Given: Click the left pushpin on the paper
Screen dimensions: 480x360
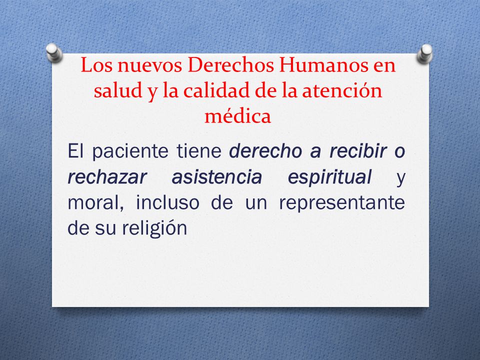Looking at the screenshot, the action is (54, 52).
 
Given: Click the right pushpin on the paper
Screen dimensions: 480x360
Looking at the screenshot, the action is (425, 53).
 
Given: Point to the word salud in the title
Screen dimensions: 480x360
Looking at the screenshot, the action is (118, 90).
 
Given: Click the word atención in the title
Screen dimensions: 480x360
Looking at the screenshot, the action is (342, 90).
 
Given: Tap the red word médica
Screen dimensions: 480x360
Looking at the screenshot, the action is (238, 116).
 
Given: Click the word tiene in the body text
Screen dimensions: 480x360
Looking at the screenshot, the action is (199, 150).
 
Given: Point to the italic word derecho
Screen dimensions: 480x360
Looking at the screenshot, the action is (265, 150).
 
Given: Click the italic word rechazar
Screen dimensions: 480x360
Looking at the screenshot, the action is (107, 177).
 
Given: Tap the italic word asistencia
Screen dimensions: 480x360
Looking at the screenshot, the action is (216, 177).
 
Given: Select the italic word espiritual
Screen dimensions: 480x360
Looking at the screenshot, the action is (329, 177).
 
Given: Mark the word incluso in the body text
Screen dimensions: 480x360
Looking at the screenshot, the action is (167, 202).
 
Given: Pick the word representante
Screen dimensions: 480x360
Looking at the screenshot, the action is (342, 203).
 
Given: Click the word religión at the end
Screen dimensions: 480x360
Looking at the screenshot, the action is (154, 229).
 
